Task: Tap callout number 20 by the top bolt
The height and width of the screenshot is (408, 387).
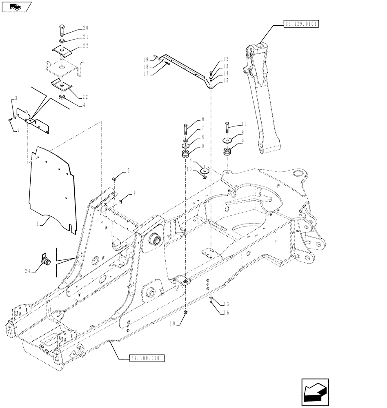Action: click(x=85, y=28)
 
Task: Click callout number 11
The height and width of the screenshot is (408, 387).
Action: click(x=244, y=123)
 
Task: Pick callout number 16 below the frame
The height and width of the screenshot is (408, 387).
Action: click(x=225, y=313)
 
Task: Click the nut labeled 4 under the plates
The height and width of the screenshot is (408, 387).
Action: click(x=62, y=98)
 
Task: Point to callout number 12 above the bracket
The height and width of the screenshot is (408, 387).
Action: click(x=225, y=59)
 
